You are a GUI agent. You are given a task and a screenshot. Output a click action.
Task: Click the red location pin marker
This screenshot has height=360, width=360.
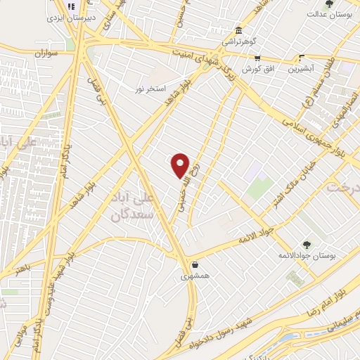(x=181, y=165)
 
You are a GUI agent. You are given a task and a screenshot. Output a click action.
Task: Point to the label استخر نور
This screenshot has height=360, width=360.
(x=152, y=89)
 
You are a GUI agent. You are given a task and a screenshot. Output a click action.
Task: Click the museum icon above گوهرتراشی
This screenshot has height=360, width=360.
(x=239, y=32)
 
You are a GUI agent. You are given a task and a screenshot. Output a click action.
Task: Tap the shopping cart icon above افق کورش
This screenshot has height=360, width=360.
(x=257, y=59)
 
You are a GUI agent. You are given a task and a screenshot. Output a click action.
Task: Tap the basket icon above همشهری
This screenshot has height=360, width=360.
(x=195, y=265)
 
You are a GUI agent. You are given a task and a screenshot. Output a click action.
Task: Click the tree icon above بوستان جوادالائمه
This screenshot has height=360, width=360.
(x=306, y=244)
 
